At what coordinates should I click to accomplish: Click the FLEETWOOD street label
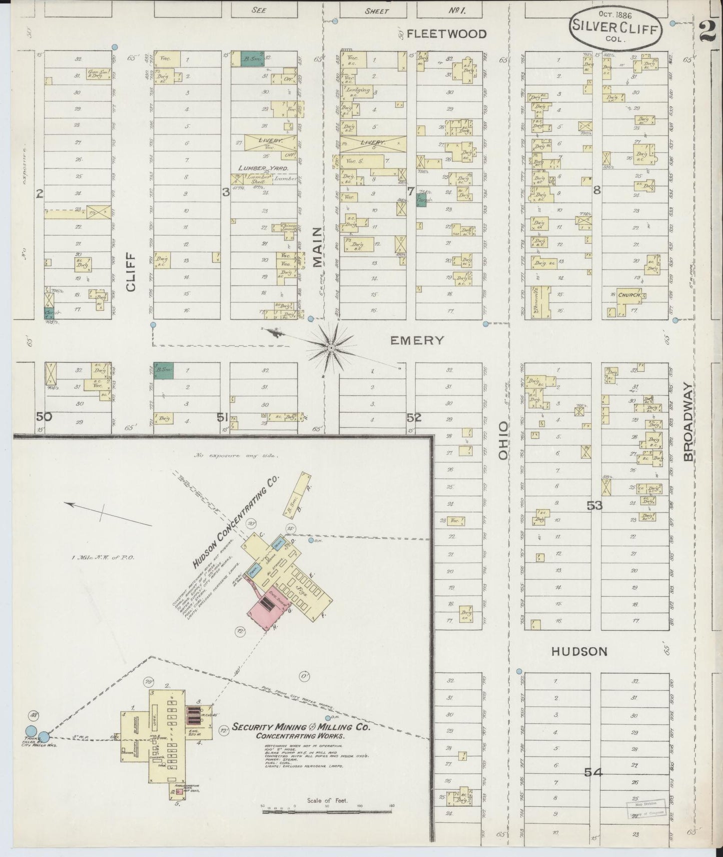click(446, 34)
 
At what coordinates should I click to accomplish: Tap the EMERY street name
click(417, 340)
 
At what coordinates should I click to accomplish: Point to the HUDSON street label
click(579, 651)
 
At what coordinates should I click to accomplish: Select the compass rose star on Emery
click(331, 345)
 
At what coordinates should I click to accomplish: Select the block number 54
click(593, 772)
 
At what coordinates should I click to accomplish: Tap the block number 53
click(595, 505)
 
